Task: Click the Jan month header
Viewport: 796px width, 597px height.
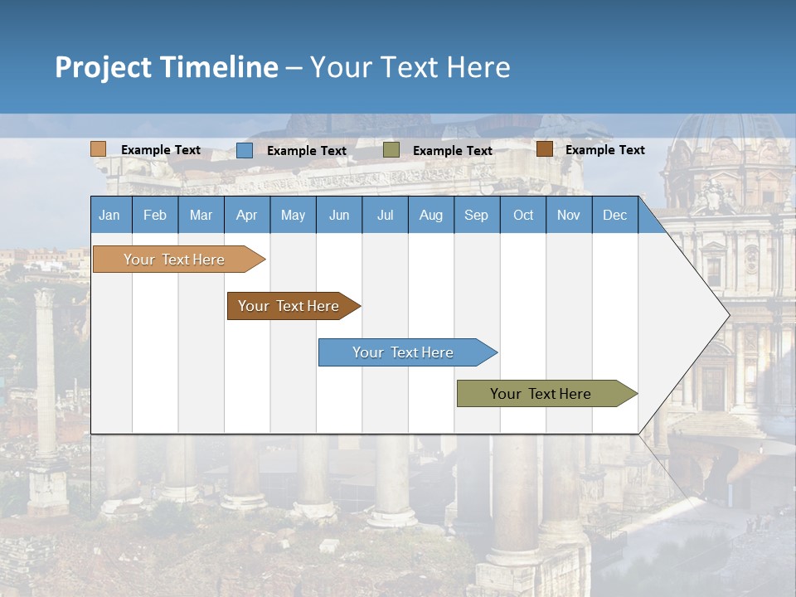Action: pyautogui.click(x=109, y=215)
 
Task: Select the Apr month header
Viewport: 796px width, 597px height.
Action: pyautogui.click(x=246, y=215)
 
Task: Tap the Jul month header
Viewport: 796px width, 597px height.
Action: pyautogui.click(x=385, y=215)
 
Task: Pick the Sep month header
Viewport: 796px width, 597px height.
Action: pyautogui.click(x=476, y=215)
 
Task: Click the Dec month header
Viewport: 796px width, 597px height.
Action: pyautogui.click(x=614, y=215)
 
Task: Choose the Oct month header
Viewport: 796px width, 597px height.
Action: pyautogui.click(x=522, y=215)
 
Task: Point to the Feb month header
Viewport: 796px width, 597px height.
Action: pyautogui.click(x=155, y=215)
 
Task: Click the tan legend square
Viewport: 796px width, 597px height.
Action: pyautogui.click(x=98, y=149)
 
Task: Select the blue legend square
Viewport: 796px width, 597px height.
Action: pyautogui.click(x=244, y=150)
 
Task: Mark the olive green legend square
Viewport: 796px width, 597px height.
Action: pyautogui.click(x=391, y=150)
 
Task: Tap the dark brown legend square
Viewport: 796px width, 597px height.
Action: pyautogui.click(x=544, y=149)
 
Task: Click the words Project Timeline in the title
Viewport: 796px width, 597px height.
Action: pyautogui.click(x=166, y=67)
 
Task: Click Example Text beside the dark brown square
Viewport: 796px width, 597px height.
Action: pyautogui.click(x=604, y=150)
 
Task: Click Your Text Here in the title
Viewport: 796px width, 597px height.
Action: pyautogui.click(x=410, y=67)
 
